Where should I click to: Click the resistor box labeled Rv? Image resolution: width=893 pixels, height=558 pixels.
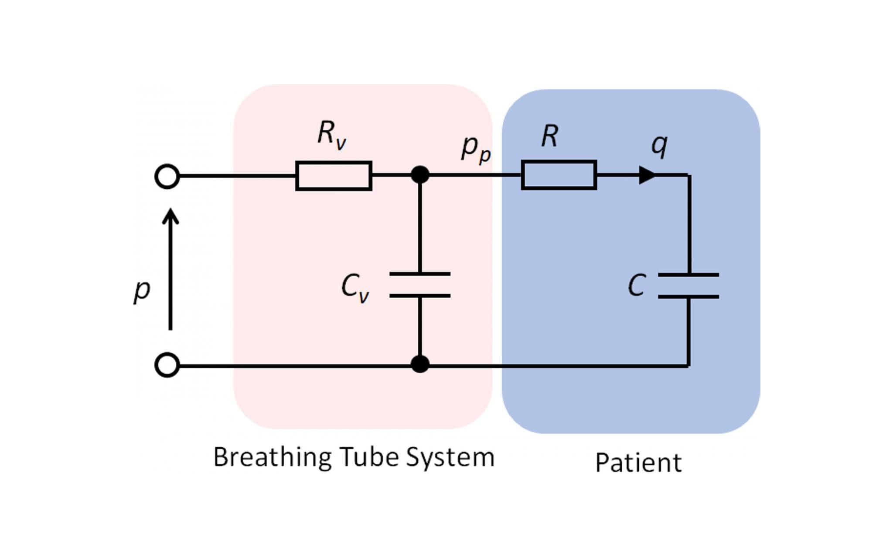[334, 176]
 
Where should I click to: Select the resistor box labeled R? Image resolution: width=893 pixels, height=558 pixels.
[559, 175]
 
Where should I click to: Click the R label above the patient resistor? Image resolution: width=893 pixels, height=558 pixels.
[549, 136]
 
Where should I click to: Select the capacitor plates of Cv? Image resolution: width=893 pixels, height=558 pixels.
[419, 285]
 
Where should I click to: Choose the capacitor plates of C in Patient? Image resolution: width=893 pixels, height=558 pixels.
[688, 286]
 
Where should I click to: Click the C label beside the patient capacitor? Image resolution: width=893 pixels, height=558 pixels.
[637, 286]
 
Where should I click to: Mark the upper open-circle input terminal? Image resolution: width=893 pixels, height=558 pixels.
[167, 177]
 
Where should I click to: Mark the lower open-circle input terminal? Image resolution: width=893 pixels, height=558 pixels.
[167, 365]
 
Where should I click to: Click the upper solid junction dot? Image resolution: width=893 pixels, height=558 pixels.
[420, 175]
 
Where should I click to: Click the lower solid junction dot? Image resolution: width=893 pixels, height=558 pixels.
[420, 364]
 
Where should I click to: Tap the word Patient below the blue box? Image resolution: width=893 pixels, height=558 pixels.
[638, 463]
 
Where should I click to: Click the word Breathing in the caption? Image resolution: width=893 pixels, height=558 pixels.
[272, 458]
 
